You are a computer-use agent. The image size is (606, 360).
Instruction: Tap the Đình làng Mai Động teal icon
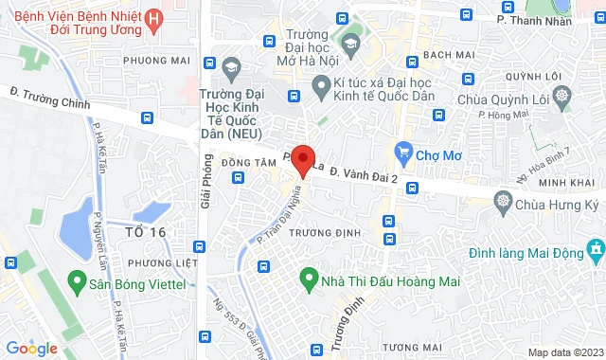(x=596, y=250)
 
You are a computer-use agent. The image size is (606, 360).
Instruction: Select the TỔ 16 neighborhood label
(x=145, y=232)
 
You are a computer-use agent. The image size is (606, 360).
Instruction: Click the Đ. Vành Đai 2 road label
(x=361, y=176)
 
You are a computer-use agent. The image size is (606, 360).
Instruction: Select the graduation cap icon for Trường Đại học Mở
(x=352, y=44)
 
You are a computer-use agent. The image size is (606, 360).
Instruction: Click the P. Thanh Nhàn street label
(x=536, y=18)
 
